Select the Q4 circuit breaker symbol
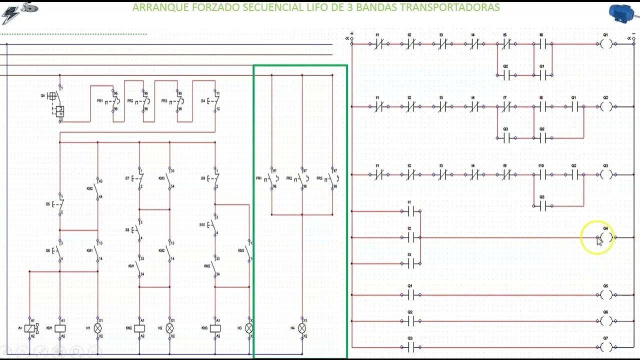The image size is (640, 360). click(x=55, y=102)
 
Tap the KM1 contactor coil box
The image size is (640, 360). click(x=59, y=328)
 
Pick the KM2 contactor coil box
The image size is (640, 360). click(x=139, y=328)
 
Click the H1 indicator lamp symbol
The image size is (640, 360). click(x=98, y=328)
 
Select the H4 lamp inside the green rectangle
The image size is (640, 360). click(x=302, y=328)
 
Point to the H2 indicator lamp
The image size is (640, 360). click(x=169, y=328)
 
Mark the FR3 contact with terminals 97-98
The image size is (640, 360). click(x=331, y=178)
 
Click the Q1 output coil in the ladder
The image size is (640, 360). click(x=605, y=44)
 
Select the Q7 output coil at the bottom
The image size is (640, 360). click(x=605, y=347)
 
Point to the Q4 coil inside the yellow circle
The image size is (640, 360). click(x=605, y=237)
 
